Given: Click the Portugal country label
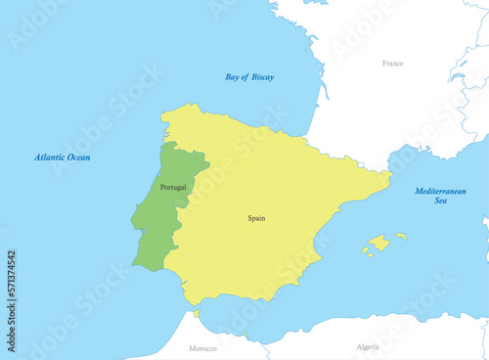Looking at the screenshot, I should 172,186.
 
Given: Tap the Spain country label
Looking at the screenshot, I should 256,218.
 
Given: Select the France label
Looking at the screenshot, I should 392,64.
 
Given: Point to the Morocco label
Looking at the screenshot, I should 202,347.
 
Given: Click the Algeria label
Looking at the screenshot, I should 368,346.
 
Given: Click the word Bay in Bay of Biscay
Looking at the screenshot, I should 233,76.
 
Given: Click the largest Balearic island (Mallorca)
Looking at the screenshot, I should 378,242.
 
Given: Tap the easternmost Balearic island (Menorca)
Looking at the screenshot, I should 401,236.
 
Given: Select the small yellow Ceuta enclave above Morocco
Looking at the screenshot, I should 197,314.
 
